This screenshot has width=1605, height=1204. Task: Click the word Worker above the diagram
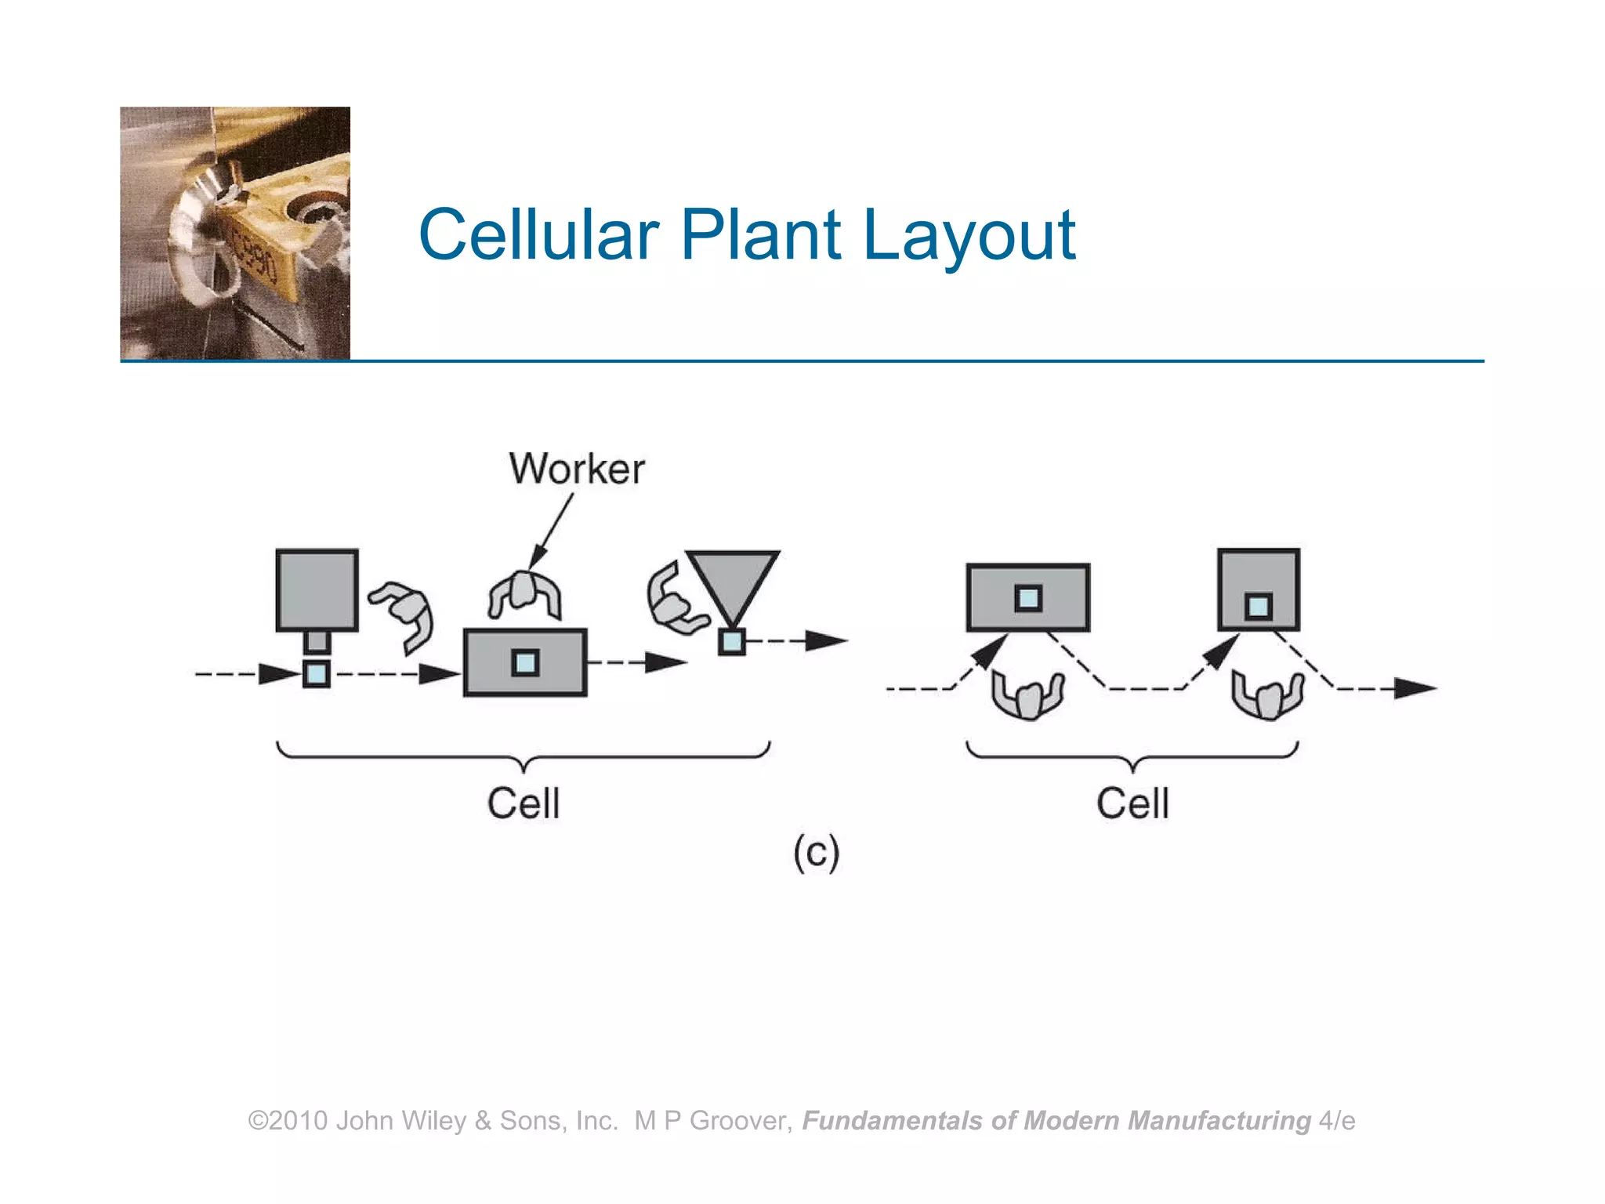tap(577, 469)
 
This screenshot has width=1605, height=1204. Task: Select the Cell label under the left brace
tap(524, 803)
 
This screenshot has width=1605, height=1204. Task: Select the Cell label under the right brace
tap(1132, 803)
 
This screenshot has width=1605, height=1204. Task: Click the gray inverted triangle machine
tap(733, 580)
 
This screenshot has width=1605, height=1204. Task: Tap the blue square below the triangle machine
tap(731, 642)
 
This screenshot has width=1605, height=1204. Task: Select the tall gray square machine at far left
tap(317, 589)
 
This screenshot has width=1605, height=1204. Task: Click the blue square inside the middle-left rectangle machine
tap(525, 663)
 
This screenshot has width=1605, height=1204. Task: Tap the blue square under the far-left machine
tap(317, 673)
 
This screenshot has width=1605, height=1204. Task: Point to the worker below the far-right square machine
tap(1267, 694)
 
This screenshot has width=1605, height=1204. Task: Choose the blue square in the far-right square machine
tap(1258, 606)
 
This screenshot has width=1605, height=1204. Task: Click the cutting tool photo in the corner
tap(235, 234)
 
